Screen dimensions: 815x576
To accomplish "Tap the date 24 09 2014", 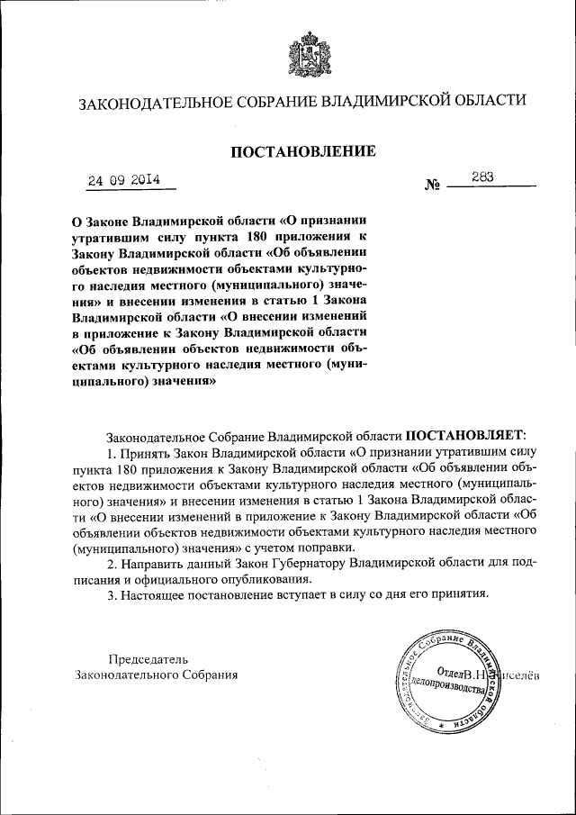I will point(123,179).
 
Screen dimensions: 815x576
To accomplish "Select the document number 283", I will point(481,177).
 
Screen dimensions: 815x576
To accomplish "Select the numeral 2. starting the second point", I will point(112,563).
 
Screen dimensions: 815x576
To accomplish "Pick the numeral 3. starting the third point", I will point(112,594).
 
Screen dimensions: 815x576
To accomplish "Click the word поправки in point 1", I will point(333,547).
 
